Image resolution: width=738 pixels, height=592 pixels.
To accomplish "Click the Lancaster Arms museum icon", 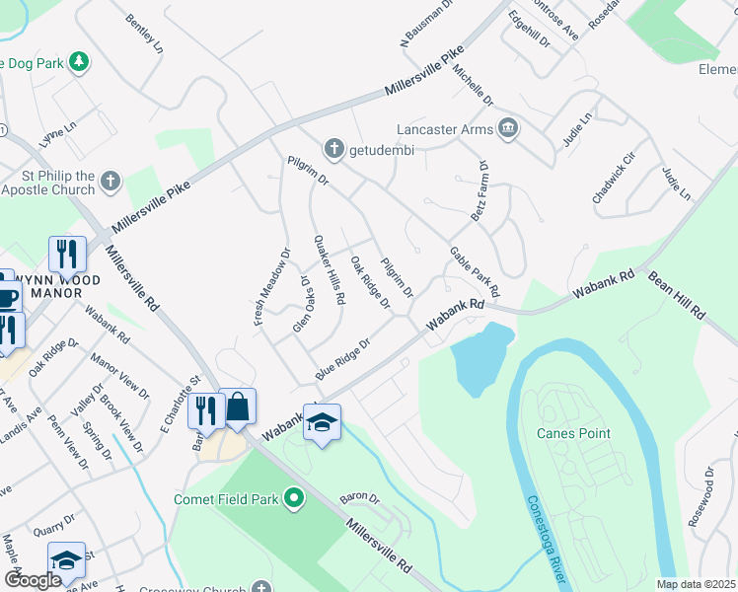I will (x=509, y=128).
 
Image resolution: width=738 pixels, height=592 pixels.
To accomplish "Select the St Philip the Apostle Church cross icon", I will (x=111, y=182).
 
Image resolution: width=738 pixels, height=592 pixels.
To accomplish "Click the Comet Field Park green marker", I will (x=294, y=499).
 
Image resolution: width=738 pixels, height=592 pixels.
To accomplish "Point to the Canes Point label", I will (x=573, y=433).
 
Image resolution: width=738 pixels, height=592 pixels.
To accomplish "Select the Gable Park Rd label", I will (x=476, y=272).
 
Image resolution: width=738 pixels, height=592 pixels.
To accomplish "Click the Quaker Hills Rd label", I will (x=329, y=269).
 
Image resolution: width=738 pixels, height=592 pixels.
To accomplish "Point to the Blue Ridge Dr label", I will (x=341, y=358).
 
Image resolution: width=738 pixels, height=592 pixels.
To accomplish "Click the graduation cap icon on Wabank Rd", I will (x=322, y=422).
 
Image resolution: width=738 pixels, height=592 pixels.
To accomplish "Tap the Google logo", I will (x=34, y=580).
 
